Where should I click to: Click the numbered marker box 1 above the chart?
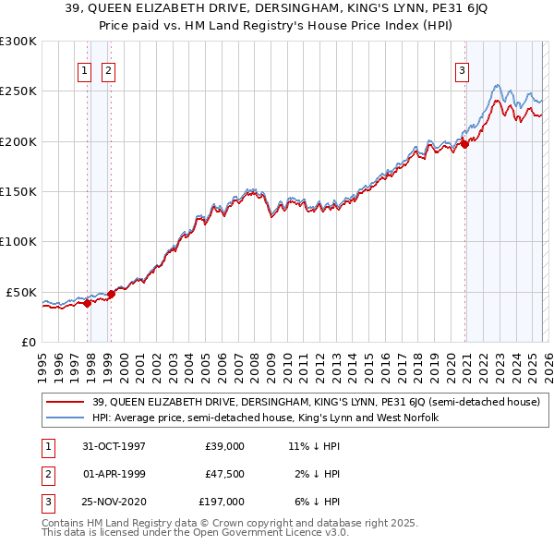(84, 70)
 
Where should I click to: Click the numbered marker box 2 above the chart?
(108, 70)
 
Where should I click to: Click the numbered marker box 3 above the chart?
(461, 70)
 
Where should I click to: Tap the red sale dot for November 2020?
(465, 143)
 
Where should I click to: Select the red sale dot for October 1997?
(88, 302)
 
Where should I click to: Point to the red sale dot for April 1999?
(111, 294)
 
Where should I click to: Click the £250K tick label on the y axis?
(18, 91)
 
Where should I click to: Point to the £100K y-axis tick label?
(18, 242)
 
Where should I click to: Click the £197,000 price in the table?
(223, 502)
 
